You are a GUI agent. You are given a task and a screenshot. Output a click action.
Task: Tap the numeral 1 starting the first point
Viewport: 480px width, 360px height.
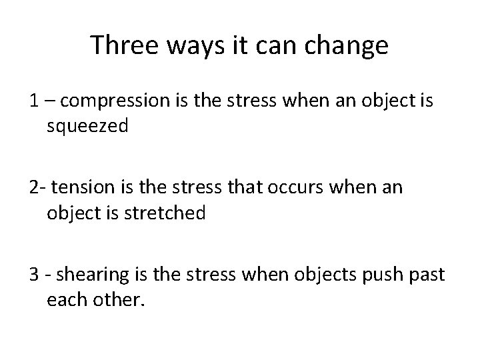point(33,101)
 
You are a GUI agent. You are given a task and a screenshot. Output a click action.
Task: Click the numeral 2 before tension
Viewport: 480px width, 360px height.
point(33,188)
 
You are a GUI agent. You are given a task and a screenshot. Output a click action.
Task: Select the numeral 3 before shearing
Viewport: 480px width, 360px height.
point(33,275)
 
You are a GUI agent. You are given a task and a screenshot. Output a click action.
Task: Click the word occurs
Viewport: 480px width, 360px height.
point(293,188)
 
